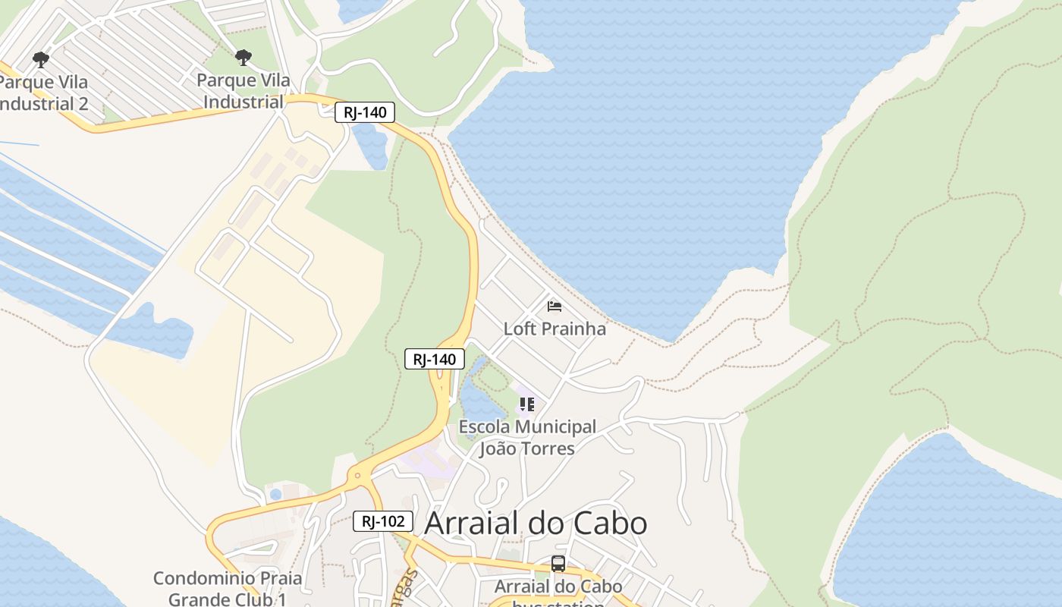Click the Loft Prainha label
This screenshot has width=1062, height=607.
(555, 329)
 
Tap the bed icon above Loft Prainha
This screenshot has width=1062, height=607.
(555, 307)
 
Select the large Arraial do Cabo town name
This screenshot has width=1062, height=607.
(536, 523)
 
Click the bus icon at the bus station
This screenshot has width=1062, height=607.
(558, 564)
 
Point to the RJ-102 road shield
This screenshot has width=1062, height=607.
(383, 521)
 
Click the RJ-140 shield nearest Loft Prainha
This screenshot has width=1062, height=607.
(435, 359)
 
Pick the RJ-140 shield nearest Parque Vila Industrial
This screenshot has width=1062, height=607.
(365, 113)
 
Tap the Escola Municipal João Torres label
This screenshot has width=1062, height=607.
(527, 438)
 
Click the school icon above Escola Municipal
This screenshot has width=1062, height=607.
(526, 404)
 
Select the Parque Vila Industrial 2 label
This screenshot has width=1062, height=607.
(43, 93)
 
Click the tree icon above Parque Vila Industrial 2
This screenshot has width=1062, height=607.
(41, 59)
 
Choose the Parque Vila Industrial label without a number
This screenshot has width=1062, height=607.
(243, 91)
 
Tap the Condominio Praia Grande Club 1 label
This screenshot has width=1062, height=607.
(228, 589)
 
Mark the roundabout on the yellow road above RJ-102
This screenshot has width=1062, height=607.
(358, 477)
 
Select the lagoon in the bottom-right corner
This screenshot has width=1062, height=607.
(948, 524)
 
